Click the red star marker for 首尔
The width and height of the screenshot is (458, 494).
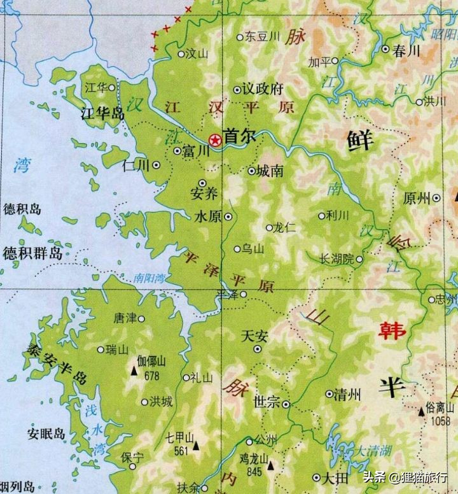pyautogui.click(x=215, y=140)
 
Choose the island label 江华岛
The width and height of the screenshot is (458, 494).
pyautogui.click(x=101, y=114)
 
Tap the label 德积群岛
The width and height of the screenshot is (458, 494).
pyautogui.click(x=32, y=253)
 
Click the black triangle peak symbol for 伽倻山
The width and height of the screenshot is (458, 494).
pyautogui.click(x=134, y=369)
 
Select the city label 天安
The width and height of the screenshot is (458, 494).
pyautogui.click(x=257, y=335)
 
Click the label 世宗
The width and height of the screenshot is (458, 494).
pyautogui.click(x=267, y=403)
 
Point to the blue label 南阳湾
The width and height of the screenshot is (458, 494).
pyautogui.click(x=149, y=278)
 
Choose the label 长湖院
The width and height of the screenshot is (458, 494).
pyautogui.click(x=337, y=259)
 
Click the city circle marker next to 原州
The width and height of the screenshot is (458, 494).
pyautogui.click(x=437, y=198)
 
